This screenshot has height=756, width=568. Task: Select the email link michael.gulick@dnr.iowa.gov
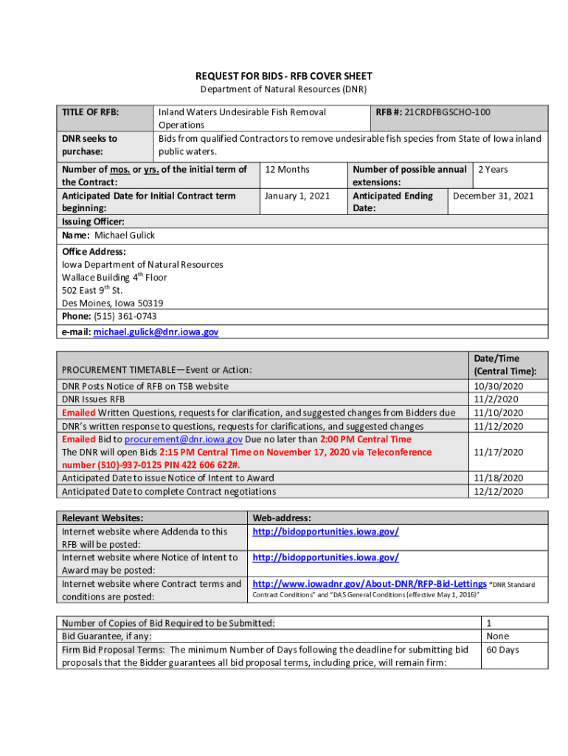pyautogui.click(x=155, y=332)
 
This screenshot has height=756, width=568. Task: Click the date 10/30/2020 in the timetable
pyautogui.click(x=498, y=386)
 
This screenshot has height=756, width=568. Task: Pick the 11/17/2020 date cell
pyautogui.click(x=498, y=452)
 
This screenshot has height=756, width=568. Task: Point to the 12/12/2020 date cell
pyautogui.click(x=498, y=492)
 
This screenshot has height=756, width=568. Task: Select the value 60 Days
pyautogui.click(x=503, y=650)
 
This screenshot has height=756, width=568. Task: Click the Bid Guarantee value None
pyautogui.click(x=498, y=636)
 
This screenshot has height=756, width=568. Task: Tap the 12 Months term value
pyautogui.click(x=287, y=170)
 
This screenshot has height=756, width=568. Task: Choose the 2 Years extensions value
pyautogui.click(x=493, y=170)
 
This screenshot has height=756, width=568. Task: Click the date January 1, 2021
pyautogui.click(x=297, y=196)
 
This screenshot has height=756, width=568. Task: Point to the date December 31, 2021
pyautogui.click(x=493, y=196)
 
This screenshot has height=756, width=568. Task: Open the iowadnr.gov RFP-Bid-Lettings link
pyautogui.click(x=370, y=583)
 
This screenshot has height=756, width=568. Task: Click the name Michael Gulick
pyautogui.click(x=125, y=236)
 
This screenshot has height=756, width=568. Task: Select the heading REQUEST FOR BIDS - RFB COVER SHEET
pyautogui.click(x=284, y=76)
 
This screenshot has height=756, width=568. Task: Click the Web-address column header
pyautogui.click(x=282, y=518)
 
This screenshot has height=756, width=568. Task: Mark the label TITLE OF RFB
pyautogui.click(x=91, y=113)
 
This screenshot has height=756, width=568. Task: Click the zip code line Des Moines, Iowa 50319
pyautogui.click(x=113, y=303)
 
